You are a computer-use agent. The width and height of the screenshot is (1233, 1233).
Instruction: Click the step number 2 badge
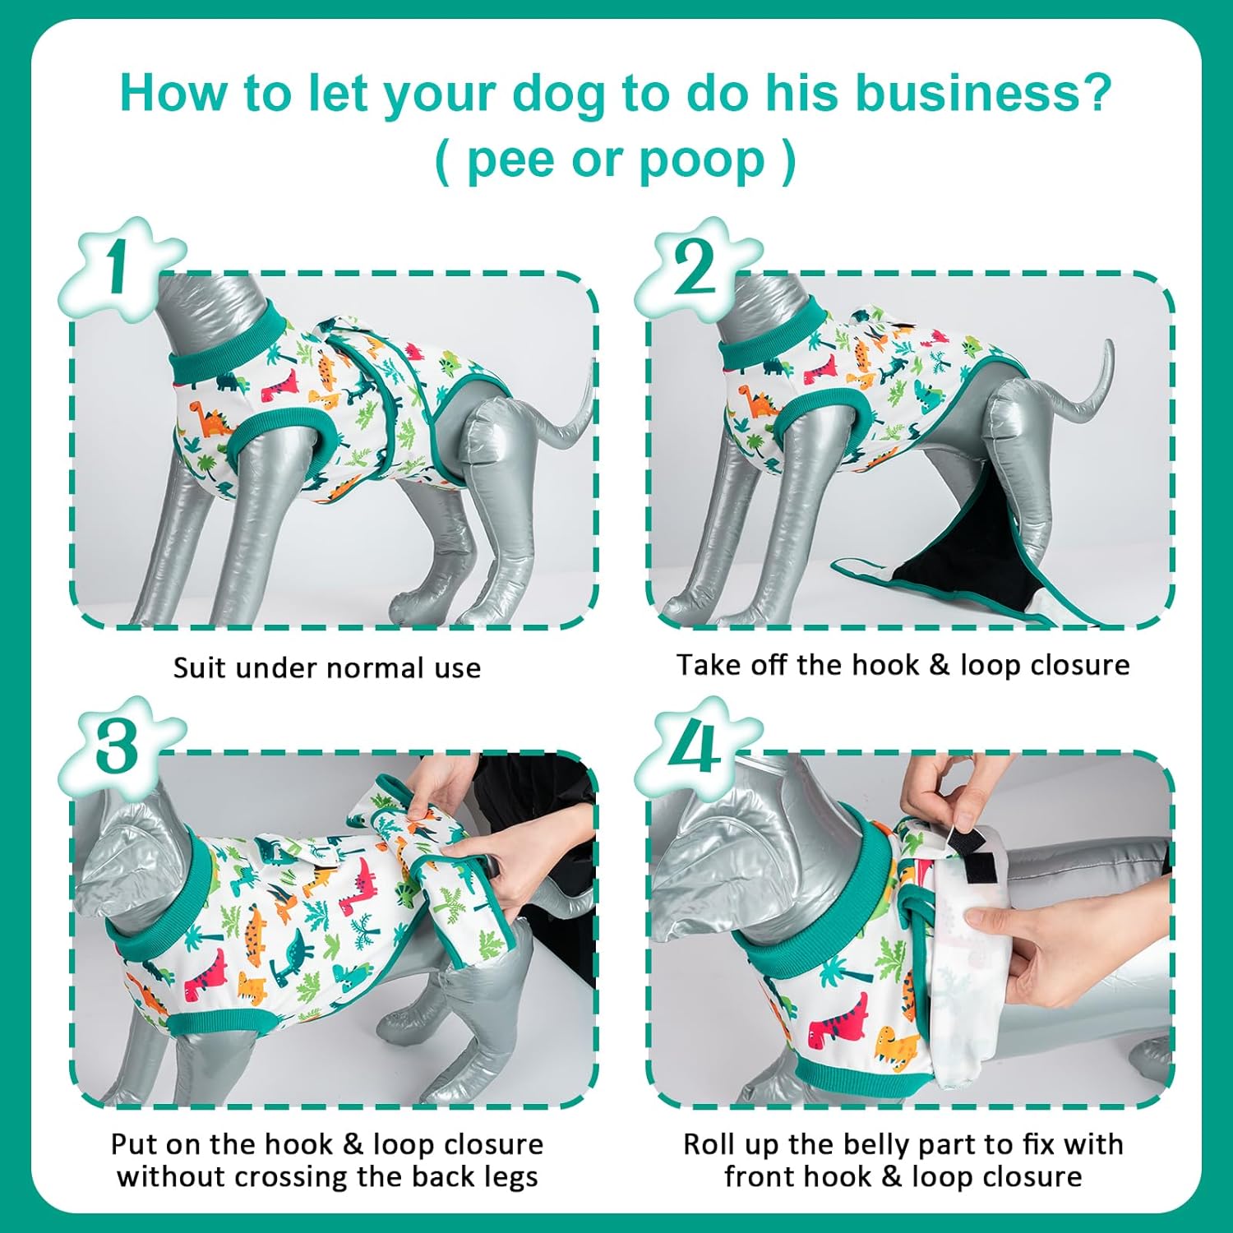coord(695,269)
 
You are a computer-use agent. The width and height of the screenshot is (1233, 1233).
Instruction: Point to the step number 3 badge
coord(118,748)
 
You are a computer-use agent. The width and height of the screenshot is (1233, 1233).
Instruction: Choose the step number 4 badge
coord(695,748)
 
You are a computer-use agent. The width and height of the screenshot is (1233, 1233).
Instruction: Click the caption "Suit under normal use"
coord(326,667)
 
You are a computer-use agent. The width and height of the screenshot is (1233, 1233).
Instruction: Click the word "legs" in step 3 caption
coord(510,1176)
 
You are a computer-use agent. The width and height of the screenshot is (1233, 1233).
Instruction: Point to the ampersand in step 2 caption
coord(939,665)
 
